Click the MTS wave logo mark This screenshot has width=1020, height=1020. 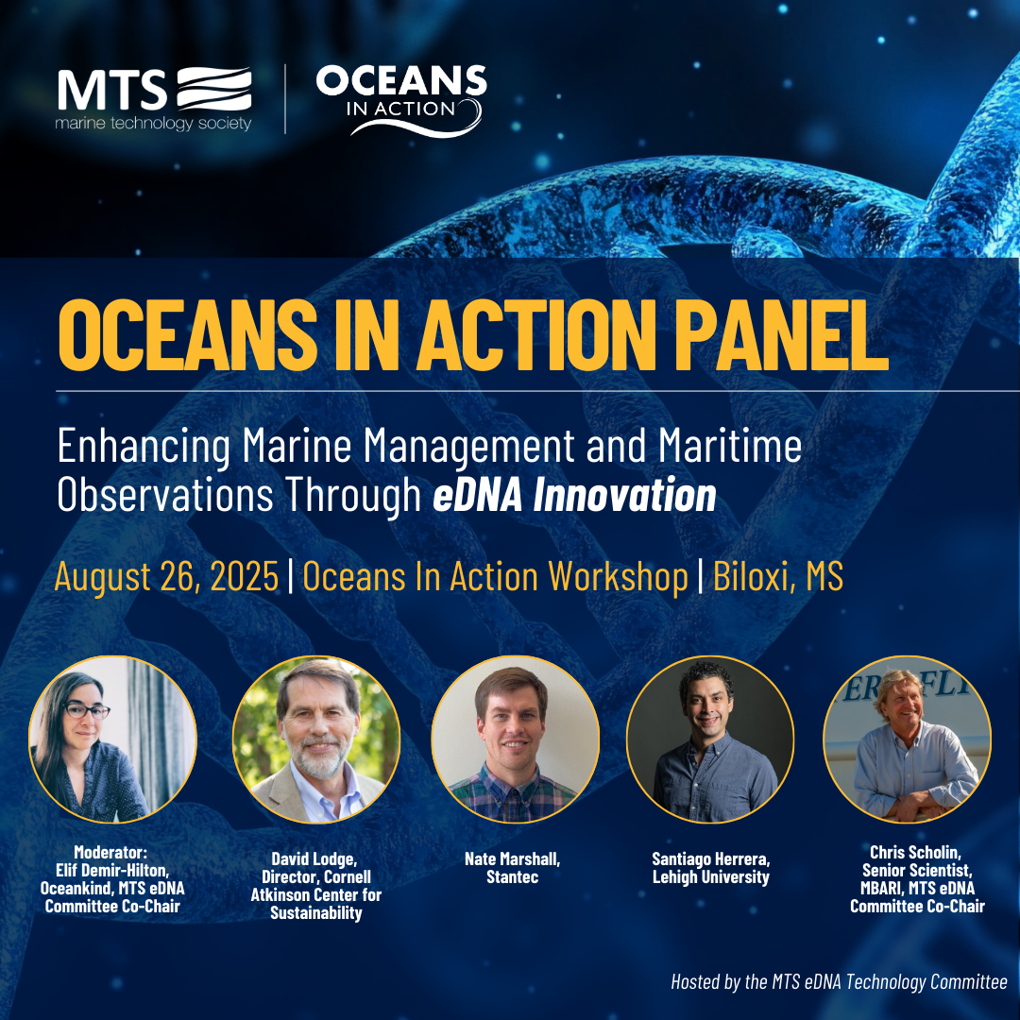[214, 89]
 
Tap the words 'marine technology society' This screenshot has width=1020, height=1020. [154, 123]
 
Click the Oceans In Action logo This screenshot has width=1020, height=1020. [401, 100]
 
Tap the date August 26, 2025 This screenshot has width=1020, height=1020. [166, 576]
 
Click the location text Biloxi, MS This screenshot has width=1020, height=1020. [778, 576]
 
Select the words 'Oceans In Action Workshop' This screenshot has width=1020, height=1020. [495, 576]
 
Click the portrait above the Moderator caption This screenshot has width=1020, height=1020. [112, 739]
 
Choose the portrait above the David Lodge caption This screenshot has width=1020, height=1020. [316, 739]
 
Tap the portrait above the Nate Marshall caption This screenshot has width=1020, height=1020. [516, 739]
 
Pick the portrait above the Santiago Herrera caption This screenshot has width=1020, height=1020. [710, 739]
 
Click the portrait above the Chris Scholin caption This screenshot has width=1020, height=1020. [908, 739]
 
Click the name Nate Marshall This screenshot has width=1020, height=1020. [512, 859]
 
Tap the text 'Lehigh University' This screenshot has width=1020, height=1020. [711, 877]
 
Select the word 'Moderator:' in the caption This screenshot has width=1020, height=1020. [110, 852]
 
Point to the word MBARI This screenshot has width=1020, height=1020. [881, 889]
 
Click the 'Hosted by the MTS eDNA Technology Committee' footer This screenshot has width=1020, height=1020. [840, 982]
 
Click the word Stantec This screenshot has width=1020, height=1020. [513, 877]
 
